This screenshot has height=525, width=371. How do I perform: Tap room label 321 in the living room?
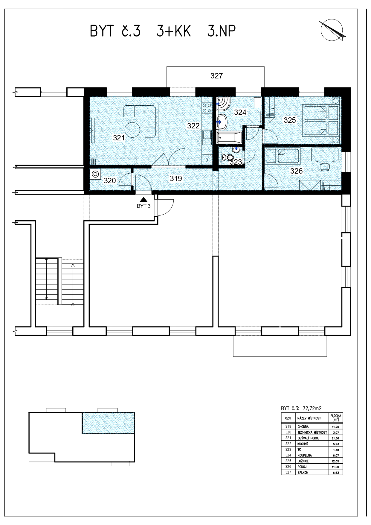click(119, 138)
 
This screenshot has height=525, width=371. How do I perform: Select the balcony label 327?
click(216, 76)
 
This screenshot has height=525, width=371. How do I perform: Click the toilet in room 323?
click(228, 157)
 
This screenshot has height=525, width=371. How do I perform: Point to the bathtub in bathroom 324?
click(229, 138)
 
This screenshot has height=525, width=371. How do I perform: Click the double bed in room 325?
click(315, 120)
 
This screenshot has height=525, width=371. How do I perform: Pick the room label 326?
click(297, 171)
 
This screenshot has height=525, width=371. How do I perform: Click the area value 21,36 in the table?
click(336, 438)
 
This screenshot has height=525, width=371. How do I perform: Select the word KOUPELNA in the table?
click(305, 455)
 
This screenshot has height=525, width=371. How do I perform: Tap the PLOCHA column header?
click(335, 416)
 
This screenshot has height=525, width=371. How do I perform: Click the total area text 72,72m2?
click(312, 408)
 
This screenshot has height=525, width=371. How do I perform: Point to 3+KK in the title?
click(174, 31)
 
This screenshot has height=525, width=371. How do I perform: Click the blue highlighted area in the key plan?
click(108, 423)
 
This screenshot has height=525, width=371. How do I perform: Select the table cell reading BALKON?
click(303, 472)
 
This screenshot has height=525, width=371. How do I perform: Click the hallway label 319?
click(176, 178)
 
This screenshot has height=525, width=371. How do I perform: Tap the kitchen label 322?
click(193, 126)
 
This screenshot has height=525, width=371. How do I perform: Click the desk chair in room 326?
click(325, 166)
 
